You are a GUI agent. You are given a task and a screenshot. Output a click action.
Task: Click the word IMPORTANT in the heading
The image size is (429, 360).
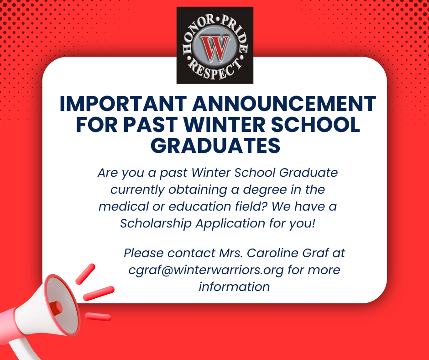click(x=124, y=104)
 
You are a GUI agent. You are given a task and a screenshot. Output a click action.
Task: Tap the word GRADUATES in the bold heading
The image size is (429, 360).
click(x=215, y=145)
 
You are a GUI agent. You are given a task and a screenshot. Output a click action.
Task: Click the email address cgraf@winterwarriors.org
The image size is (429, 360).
click(x=207, y=270)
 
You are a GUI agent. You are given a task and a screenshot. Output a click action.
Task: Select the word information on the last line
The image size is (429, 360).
click(x=234, y=286)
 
